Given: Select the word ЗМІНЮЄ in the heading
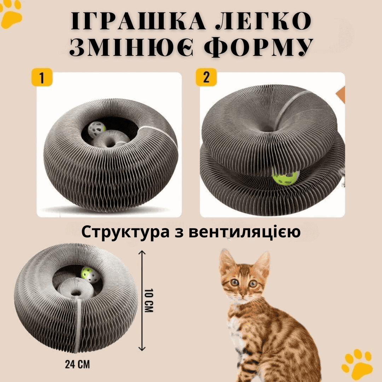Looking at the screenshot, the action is click(131, 47).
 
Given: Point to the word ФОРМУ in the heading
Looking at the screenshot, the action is click(259, 47).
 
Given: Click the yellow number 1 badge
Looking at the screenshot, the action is click(42, 77).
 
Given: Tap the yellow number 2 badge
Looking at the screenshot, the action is click(206, 77).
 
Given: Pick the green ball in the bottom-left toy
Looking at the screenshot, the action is click(91, 275).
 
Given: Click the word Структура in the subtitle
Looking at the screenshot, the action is click(125, 232).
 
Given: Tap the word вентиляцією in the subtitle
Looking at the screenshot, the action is click(245, 232).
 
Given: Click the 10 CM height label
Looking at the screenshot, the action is click(149, 301).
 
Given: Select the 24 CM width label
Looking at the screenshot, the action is click(77, 364).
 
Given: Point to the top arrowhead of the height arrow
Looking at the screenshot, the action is click(142, 252).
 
